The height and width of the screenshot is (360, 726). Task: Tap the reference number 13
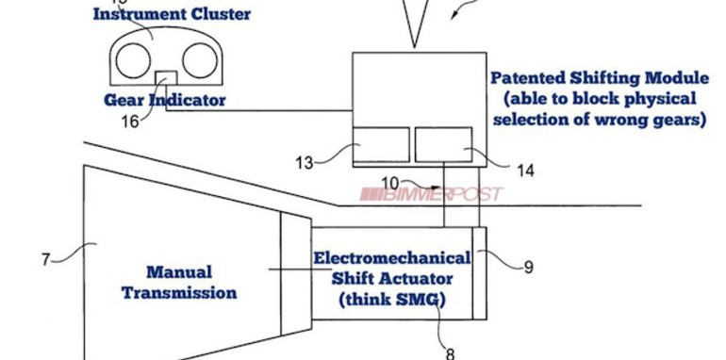(303, 162)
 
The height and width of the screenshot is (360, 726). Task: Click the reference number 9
(528, 267)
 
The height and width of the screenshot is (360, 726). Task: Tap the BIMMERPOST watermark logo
(431, 194)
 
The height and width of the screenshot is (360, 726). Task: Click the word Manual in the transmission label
(178, 271)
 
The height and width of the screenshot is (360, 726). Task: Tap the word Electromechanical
(391, 256)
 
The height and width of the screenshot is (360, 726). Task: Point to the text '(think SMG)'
(390, 301)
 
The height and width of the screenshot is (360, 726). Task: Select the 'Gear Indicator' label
(165, 99)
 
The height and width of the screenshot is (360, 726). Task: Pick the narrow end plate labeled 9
(480, 273)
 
